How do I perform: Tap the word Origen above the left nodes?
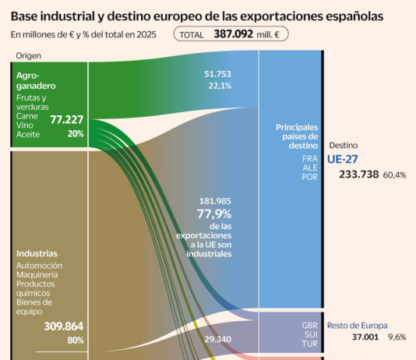tap(28, 55)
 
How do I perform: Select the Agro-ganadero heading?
tap(34, 82)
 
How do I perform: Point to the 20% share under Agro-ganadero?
tap(75, 133)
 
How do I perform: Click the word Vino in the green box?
tap(25, 125)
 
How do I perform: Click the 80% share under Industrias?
tap(75, 341)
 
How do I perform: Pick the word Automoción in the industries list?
tap(40, 266)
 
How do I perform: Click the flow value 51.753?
tap(217, 74)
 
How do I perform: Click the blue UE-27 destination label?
tap(342, 158)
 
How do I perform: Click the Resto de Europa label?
tap(357, 326)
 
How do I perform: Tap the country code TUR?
tap(310, 344)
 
